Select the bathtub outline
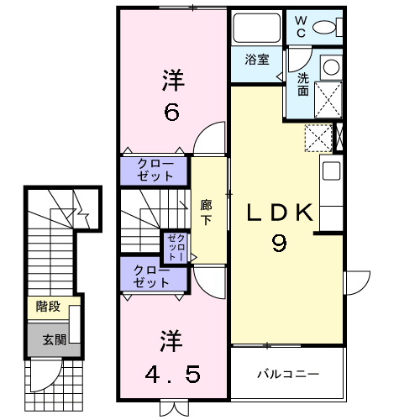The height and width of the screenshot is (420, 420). click(x=256, y=30)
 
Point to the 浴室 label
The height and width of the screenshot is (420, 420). click(x=256, y=60)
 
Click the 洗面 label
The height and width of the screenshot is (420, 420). click(x=302, y=85)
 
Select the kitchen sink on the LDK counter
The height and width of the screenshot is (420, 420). click(x=329, y=171)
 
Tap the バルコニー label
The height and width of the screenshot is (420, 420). click(x=288, y=373)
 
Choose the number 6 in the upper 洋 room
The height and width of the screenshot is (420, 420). click(x=171, y=112)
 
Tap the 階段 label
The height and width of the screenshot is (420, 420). click(x=48, y=307)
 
